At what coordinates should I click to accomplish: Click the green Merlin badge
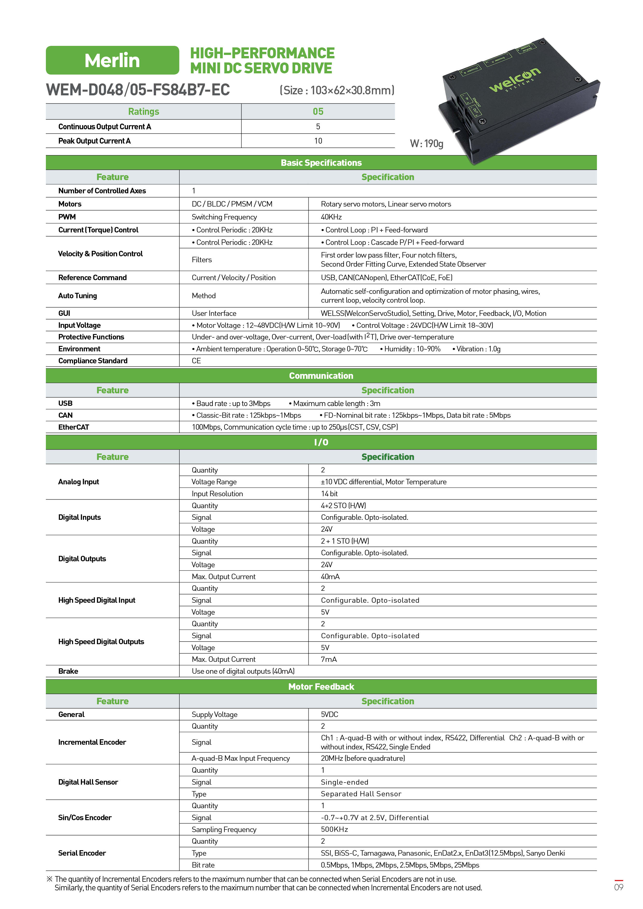coord(112,60)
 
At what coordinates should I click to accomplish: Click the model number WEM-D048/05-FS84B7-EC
coord(138,90)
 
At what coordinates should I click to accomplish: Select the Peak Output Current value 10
coord(318,141)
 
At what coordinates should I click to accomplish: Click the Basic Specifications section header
coord(321,163)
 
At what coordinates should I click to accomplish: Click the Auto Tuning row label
coord(77,296)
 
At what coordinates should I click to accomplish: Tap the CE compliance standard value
coord(196,361)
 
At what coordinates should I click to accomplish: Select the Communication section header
coord(321,376)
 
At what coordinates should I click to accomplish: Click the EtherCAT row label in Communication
coord(74,427)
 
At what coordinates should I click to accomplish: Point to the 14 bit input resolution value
coord(329,494)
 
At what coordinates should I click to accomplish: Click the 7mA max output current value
coord(329,659)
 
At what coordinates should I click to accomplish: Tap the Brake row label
coord(68,671)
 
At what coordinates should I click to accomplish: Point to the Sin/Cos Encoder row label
coord(85,818)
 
